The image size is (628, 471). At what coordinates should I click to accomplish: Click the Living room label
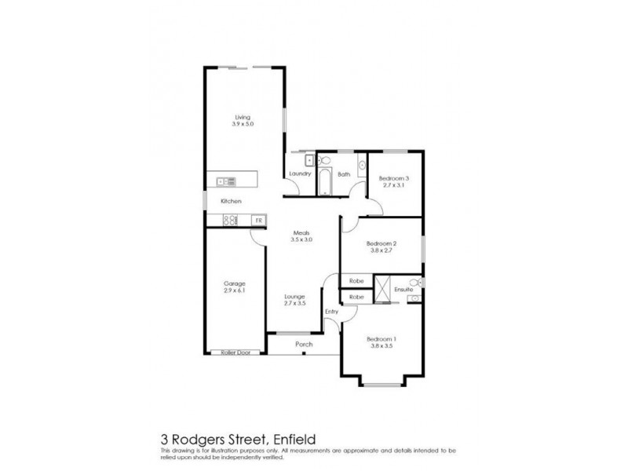click(242, 118)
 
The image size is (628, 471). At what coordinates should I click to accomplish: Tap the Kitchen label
click(231, 202)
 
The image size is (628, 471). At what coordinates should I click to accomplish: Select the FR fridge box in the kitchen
click(257, 221)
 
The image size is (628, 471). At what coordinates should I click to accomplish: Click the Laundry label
click(300, 173)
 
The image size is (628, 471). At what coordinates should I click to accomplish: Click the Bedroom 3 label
click(394, 177)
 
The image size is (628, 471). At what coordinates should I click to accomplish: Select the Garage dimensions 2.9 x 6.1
click(235, 290)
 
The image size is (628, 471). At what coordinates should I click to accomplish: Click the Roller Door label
click(235, 352)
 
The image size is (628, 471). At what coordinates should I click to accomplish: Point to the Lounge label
click(294, 296)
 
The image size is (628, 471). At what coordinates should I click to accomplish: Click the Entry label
click(332, 312)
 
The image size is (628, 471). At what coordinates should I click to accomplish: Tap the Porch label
click(304, 344)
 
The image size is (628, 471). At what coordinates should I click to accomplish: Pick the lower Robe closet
click(356, 298)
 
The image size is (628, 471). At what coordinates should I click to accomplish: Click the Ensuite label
click(403, 289)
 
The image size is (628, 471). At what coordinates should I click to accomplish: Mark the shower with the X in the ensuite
click(382, 289)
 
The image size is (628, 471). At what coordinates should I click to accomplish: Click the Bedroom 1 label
click(382, 339)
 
